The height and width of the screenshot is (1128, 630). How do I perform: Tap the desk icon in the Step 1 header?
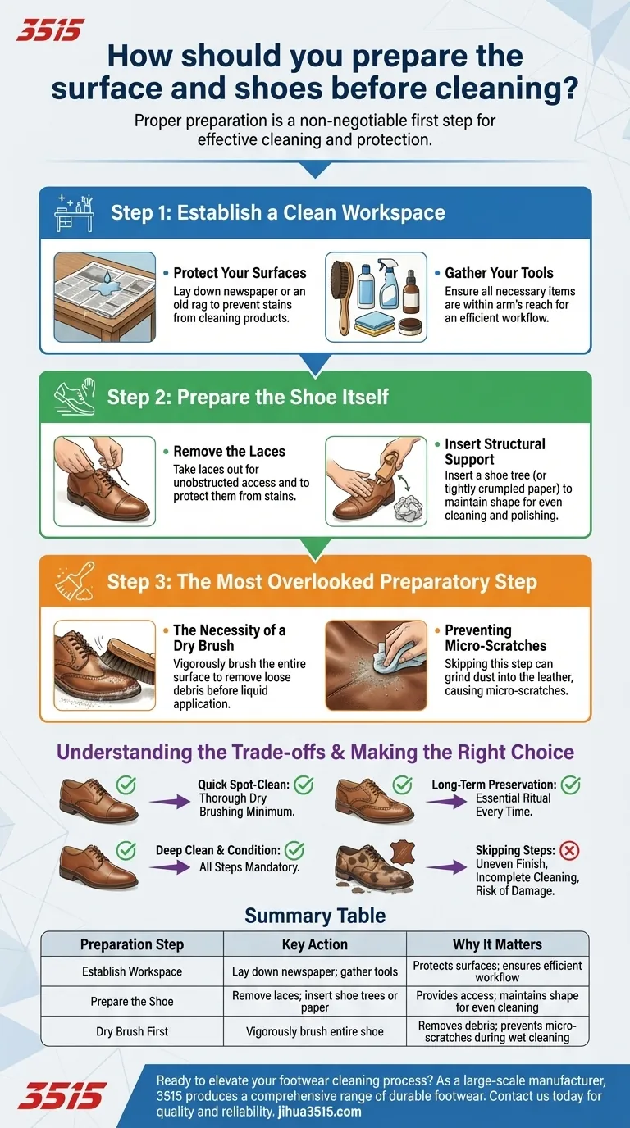pos(75,212)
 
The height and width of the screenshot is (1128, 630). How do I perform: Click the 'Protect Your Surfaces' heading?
pos(240,273)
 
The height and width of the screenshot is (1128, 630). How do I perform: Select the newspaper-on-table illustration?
pos(104,296)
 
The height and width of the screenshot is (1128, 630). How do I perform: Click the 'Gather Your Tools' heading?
pos(499,273)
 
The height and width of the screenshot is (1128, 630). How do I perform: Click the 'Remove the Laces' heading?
pos(229,452)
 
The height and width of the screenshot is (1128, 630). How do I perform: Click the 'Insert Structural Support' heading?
pos(495,452)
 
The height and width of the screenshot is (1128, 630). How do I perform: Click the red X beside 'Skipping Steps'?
pos(570,850)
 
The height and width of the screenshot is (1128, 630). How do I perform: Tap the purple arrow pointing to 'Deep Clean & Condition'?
pos(175,866)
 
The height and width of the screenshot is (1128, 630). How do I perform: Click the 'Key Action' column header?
pos(315,944)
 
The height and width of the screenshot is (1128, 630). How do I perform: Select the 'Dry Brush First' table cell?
pos(132,1031)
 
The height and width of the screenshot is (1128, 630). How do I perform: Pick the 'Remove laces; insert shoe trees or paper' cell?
pos(315,1002)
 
